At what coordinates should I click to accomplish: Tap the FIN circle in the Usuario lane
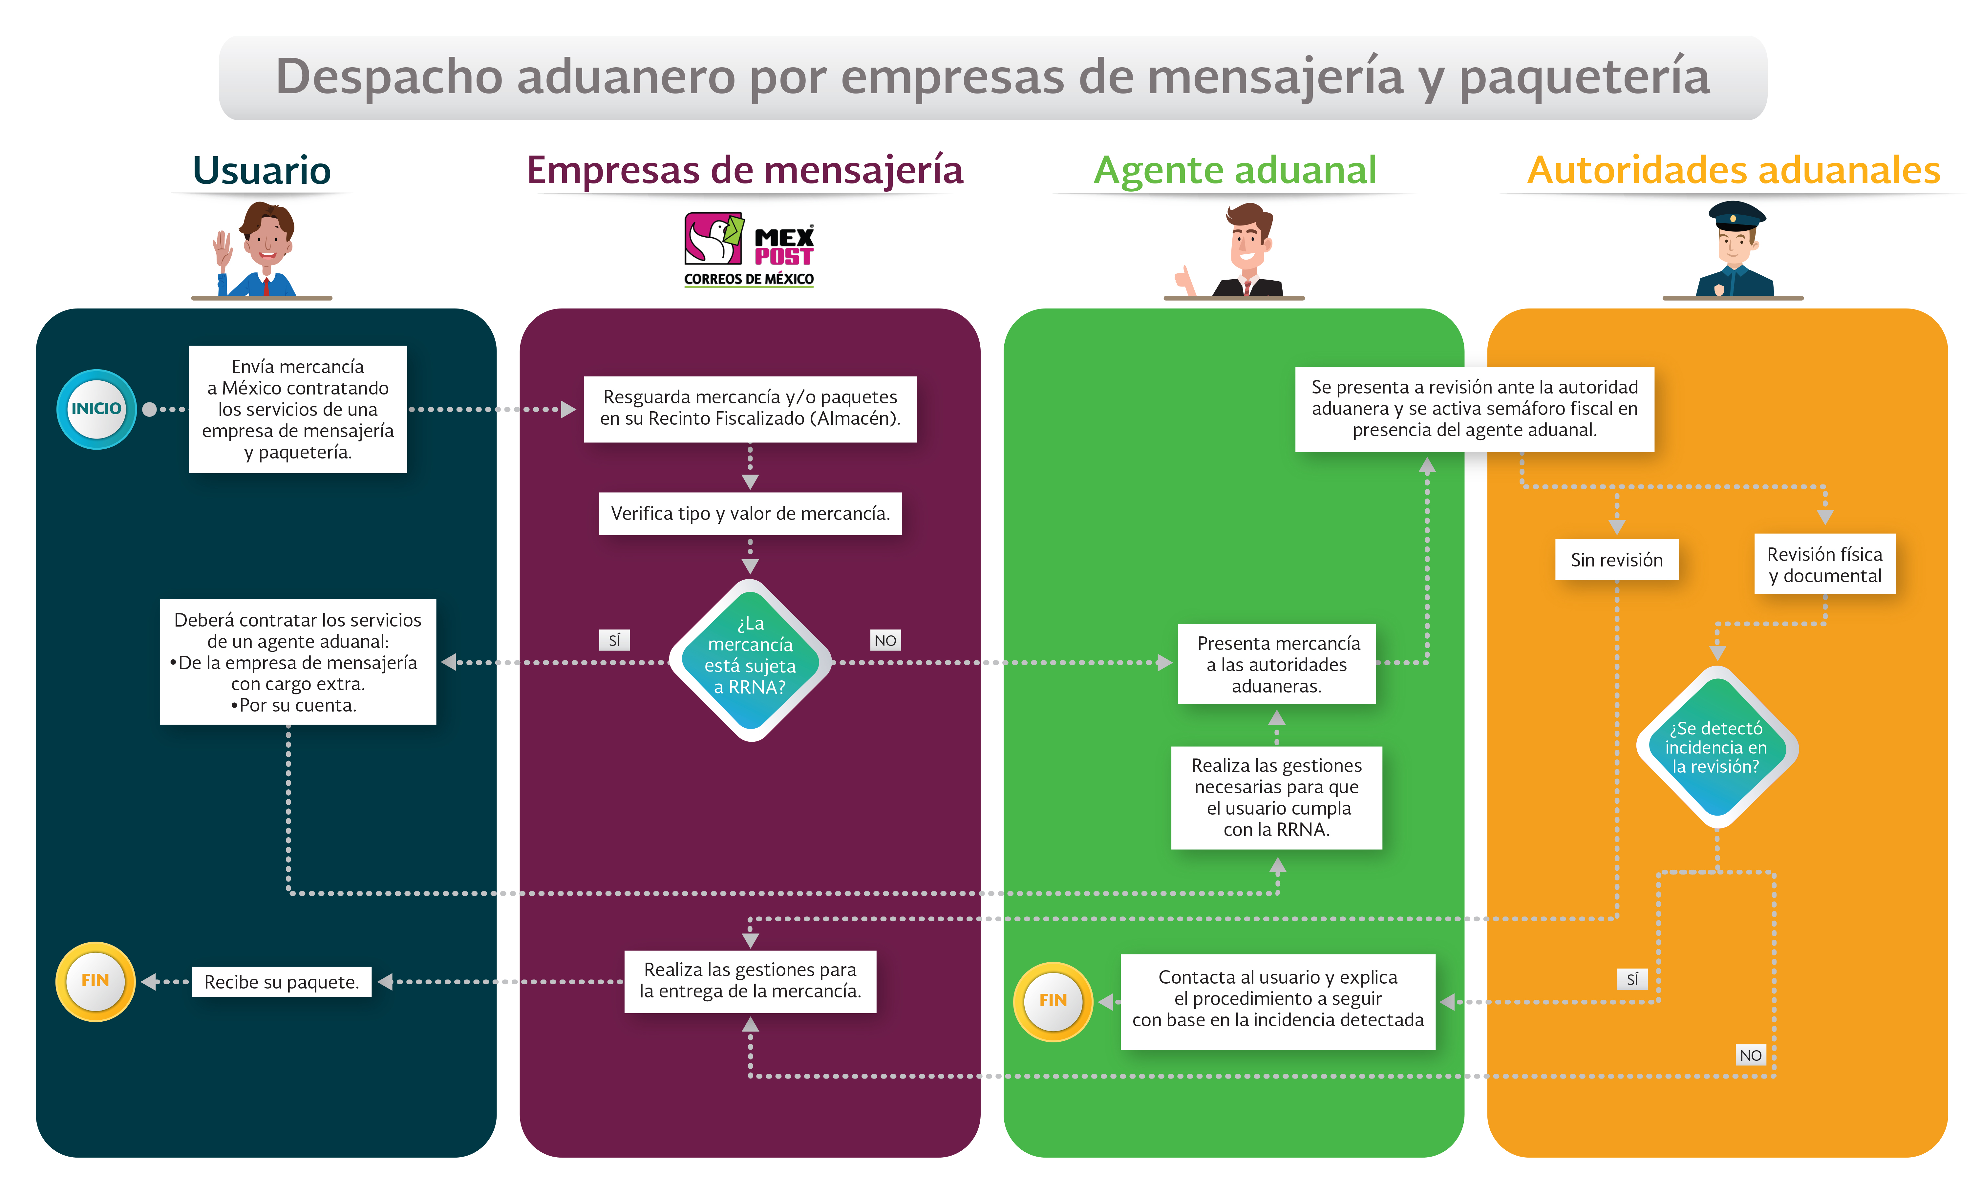[x=95, y=980]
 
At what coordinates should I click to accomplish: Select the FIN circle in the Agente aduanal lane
[x=1053, y=1000]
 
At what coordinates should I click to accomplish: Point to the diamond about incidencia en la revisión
[x=1716, y=747]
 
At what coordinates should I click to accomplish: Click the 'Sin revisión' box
[x=1616, y=560]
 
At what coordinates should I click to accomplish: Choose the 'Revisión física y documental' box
[x=1824, y=565]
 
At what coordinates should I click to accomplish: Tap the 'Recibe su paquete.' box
[x=281, y=982]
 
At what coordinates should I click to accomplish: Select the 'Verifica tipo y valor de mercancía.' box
[x=750, y=513]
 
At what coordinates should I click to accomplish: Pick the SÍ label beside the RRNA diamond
[x=614, y=640]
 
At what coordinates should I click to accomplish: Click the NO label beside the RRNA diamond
[x=885, y=640]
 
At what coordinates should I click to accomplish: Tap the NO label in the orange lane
[x=1750, y=1055]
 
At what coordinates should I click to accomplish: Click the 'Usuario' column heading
[x=261, y=170]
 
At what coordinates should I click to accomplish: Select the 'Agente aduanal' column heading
[x=1235, y=170]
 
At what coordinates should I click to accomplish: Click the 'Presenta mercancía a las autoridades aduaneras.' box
[x=1277, y=664]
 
